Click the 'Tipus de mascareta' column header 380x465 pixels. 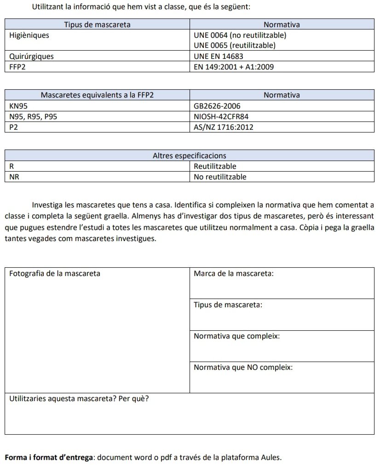97,24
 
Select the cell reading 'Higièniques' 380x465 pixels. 29,35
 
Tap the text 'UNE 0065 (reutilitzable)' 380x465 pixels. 235,46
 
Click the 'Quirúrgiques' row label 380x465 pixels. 31,56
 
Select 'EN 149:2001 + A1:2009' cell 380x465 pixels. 234,67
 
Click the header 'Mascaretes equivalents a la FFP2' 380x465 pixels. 97,95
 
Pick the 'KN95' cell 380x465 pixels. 19,106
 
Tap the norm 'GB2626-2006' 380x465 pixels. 217,106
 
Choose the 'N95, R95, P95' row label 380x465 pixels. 33,116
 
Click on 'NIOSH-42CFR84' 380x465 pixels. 221,116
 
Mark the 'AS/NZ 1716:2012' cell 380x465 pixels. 224,127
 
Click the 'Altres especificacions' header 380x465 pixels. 189,156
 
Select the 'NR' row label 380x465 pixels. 14,177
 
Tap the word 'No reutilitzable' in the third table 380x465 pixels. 220,177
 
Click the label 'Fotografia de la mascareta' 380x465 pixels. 55,274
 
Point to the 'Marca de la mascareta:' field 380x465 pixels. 234,274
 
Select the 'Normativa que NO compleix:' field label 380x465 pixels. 243,367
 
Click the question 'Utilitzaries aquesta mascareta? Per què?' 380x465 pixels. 79,399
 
